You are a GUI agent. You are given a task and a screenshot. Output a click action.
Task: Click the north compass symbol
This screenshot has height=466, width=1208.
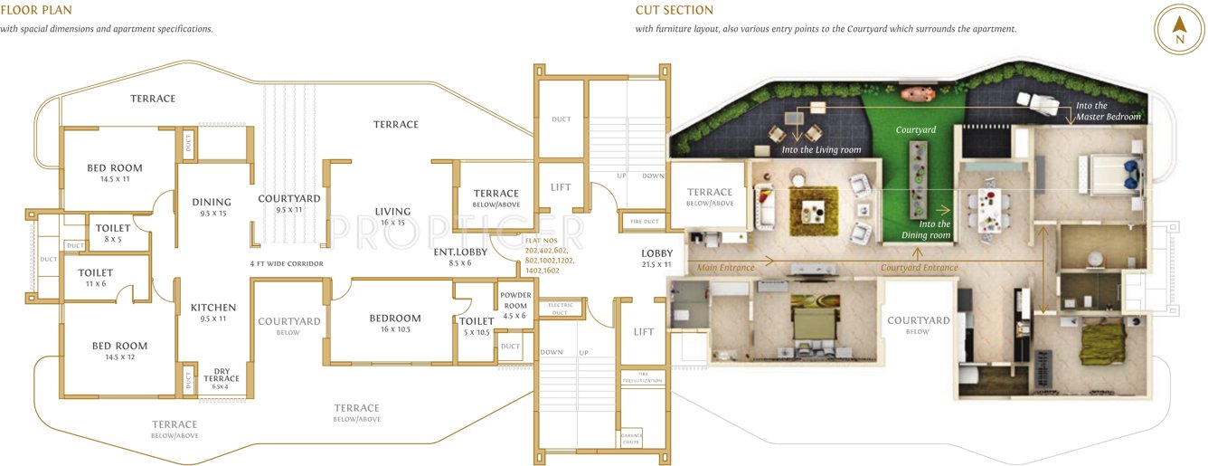click(x=1178, y=31)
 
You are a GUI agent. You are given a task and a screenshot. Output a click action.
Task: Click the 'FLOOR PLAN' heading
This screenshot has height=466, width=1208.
click(x=36, y=11)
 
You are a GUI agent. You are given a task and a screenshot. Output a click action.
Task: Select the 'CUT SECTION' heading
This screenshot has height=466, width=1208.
click(x=674, y=11)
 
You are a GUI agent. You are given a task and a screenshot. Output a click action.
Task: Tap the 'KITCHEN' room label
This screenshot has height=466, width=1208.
click(x=213, y=308)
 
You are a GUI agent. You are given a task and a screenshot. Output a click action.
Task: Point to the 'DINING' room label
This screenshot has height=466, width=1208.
click(x=212, y=202)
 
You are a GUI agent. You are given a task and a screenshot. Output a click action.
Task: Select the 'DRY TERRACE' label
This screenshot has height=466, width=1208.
click(x=222, y=374)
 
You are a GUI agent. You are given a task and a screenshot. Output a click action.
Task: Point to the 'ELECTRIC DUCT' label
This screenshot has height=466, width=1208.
click(x=561, y=309)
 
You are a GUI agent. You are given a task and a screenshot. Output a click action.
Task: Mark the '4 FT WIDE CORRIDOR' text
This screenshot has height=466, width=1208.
click(x=287, y=263)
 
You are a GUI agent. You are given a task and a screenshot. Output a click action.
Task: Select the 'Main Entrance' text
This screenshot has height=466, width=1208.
click(x=728, y=267)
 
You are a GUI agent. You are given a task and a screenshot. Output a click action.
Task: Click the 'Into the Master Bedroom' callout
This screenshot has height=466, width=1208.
click(x=1107, y=111)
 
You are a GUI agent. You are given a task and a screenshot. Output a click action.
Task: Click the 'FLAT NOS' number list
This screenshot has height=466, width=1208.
click(x=549, y=255)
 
